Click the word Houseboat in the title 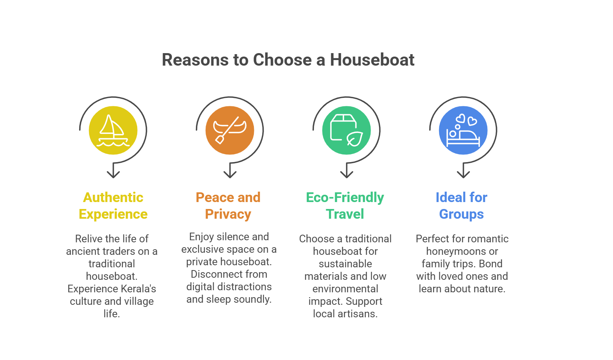(372, 60)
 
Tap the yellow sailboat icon (113, 130)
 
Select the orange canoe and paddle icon (230, 130)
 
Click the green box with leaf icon (346, 130)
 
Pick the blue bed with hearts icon (463, 130)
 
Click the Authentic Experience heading (113, 206)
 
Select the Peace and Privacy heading (228, 206)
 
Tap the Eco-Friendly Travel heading (345, 206)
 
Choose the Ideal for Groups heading (462, 206)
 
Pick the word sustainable (345, 264)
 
